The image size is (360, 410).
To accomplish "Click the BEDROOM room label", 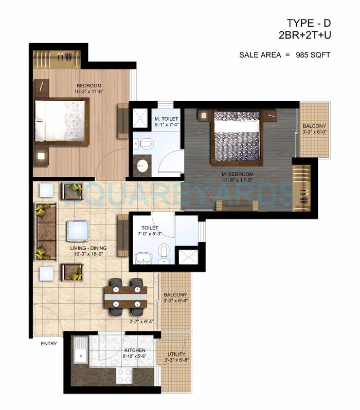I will [x=88, y=85].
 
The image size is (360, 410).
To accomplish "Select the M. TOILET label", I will [x=166, y=119].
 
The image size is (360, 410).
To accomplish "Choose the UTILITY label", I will [x=175, y=354].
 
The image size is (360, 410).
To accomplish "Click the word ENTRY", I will [x=49, y=344].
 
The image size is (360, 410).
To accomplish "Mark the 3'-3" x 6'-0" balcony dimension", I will [x=314, y=132].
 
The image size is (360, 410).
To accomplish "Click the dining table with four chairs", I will [x=125, y=296].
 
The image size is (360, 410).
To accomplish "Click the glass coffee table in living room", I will [x=77, y=231].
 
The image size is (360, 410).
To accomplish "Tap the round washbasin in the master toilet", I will [x=141, y=165].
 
